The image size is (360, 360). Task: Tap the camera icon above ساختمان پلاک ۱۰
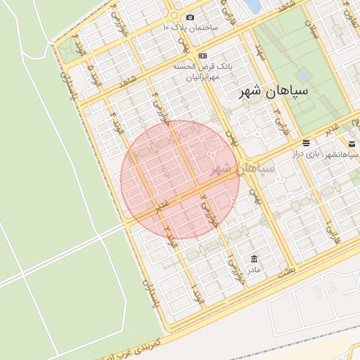[190, 17]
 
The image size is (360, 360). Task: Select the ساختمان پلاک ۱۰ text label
[190, 27]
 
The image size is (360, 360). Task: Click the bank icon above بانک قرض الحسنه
[203, 56]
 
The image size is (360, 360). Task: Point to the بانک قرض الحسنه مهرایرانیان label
[203, 70]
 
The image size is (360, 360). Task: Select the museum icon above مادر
[252, 259]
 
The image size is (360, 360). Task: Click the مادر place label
[252, 269]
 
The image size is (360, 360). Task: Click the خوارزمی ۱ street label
[231, 265]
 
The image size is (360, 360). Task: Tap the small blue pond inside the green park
[303, 74]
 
